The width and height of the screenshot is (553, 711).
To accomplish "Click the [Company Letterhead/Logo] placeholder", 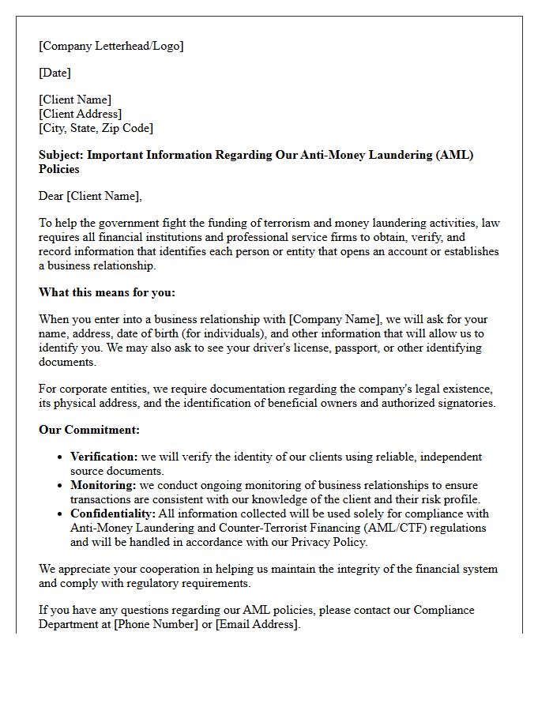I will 111,46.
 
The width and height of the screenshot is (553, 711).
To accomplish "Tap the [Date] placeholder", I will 55,73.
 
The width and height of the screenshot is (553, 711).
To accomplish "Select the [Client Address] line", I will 80,114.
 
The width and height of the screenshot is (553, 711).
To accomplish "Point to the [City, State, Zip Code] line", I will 96,128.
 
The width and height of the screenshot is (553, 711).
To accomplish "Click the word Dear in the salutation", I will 51,196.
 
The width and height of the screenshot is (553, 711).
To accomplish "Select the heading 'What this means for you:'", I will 107,292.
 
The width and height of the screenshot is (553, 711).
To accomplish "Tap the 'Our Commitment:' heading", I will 89,430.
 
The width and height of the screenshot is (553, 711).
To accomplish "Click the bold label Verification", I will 103,457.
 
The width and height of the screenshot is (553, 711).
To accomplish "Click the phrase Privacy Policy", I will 329,542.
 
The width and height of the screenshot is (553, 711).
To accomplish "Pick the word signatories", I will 466,403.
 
